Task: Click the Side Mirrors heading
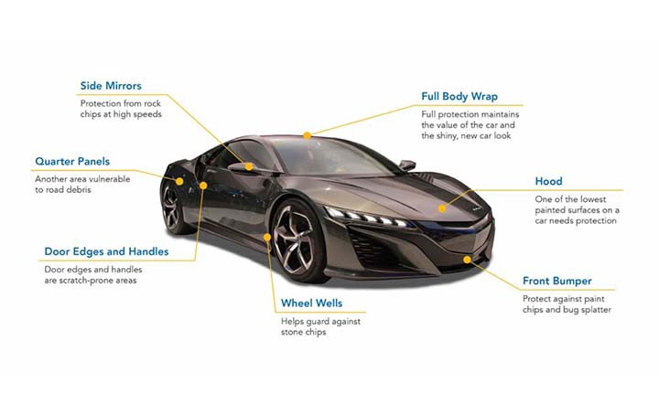coord(111,86)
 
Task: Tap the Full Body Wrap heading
coord(459,97)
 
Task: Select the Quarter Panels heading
coord(72,162)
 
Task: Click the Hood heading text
coord(548,181)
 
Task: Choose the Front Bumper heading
coord(556,282)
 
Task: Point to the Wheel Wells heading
coord(311,303)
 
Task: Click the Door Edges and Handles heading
coord(106,251)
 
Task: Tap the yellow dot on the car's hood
coord(442,208)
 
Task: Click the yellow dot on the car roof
coord(308,135)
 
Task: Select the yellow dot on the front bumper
coord(467,260)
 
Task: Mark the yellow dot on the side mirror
coord(249,166)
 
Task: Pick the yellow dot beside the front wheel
coord(267,238)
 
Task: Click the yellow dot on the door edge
coord(203,186)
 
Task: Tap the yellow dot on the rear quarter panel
coord(179,181)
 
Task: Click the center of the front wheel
coord(293,240)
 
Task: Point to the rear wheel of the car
coord(172,208)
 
